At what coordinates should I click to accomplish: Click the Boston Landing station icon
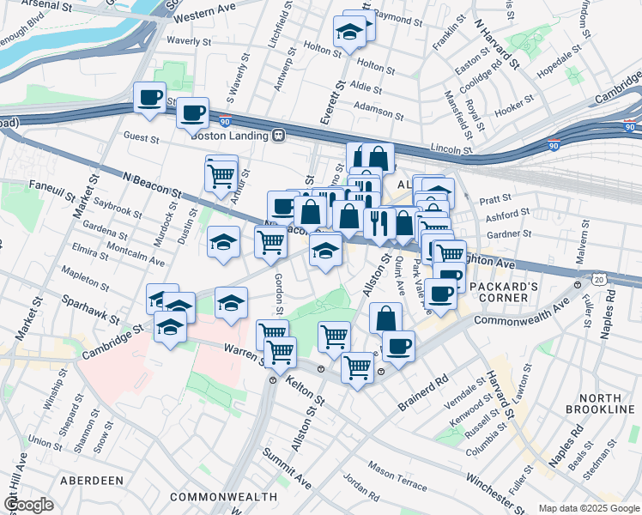(x=278, y=136)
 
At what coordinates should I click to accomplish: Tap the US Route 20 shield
(x=598, y=279)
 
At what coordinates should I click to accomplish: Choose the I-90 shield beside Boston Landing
(x=225, y=121)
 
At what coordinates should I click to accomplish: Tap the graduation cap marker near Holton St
(x=350, y=33)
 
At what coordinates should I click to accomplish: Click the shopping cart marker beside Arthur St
(x=221, y=174)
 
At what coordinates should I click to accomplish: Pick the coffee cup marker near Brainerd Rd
(x=397, y=347)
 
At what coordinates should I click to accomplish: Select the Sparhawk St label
(x=89, y=310)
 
